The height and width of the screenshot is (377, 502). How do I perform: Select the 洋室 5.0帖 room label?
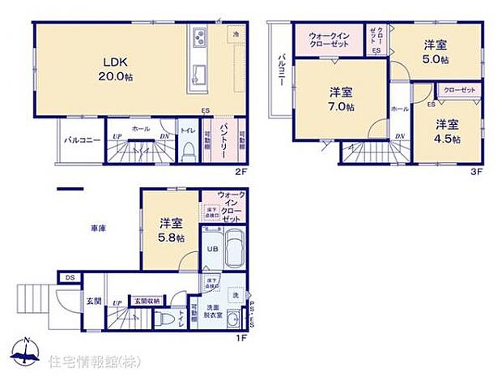coord(436,54)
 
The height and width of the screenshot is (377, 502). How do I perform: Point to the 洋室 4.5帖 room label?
coord(446,131)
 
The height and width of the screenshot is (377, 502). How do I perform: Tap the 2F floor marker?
coord(242,173)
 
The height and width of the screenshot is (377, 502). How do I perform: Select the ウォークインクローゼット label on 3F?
coord(330,41)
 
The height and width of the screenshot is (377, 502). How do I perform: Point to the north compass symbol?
coord(25,351)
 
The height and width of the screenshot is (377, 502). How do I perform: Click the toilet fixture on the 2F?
coord(186,150)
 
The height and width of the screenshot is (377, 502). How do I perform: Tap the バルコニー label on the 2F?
coord(83,139)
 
